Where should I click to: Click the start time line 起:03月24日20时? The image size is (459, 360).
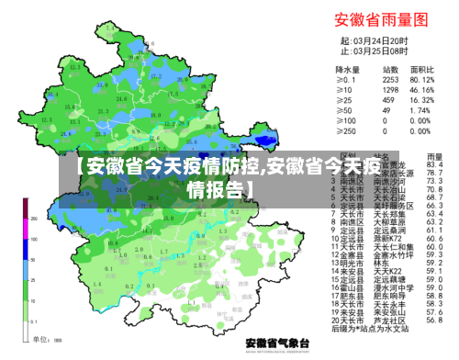(374, 40)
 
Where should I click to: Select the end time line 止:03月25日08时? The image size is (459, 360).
(374, 51)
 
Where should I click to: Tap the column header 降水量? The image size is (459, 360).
(347, 70)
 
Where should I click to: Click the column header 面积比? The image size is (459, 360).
(422, 70)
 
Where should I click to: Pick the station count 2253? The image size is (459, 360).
(390, 80)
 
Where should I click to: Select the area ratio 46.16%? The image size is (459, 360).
(422, 90)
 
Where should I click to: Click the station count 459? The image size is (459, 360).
(390, 100)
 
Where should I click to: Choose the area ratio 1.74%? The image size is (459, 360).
(422, 110)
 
